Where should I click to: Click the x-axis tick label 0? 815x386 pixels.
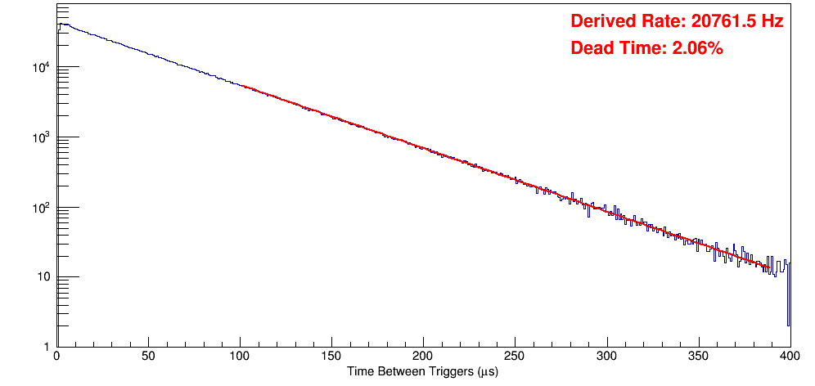pos(56,356)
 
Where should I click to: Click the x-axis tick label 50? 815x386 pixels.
pos(148,356)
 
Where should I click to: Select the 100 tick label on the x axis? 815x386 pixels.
pos(240,356)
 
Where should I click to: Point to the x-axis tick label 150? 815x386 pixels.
pos(331,356)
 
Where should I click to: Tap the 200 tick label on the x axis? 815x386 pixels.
pos(423,356)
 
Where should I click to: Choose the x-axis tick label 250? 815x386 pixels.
pos(515,356)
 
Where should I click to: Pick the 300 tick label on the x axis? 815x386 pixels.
pos(606,356)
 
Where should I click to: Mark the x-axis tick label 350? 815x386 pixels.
pos(698,356)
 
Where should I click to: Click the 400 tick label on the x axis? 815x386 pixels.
pos(789,356)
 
